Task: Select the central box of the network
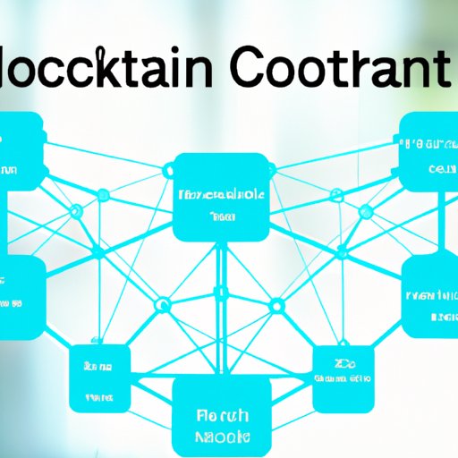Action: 220,198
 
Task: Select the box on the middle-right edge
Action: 431,298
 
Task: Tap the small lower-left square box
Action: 98,377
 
